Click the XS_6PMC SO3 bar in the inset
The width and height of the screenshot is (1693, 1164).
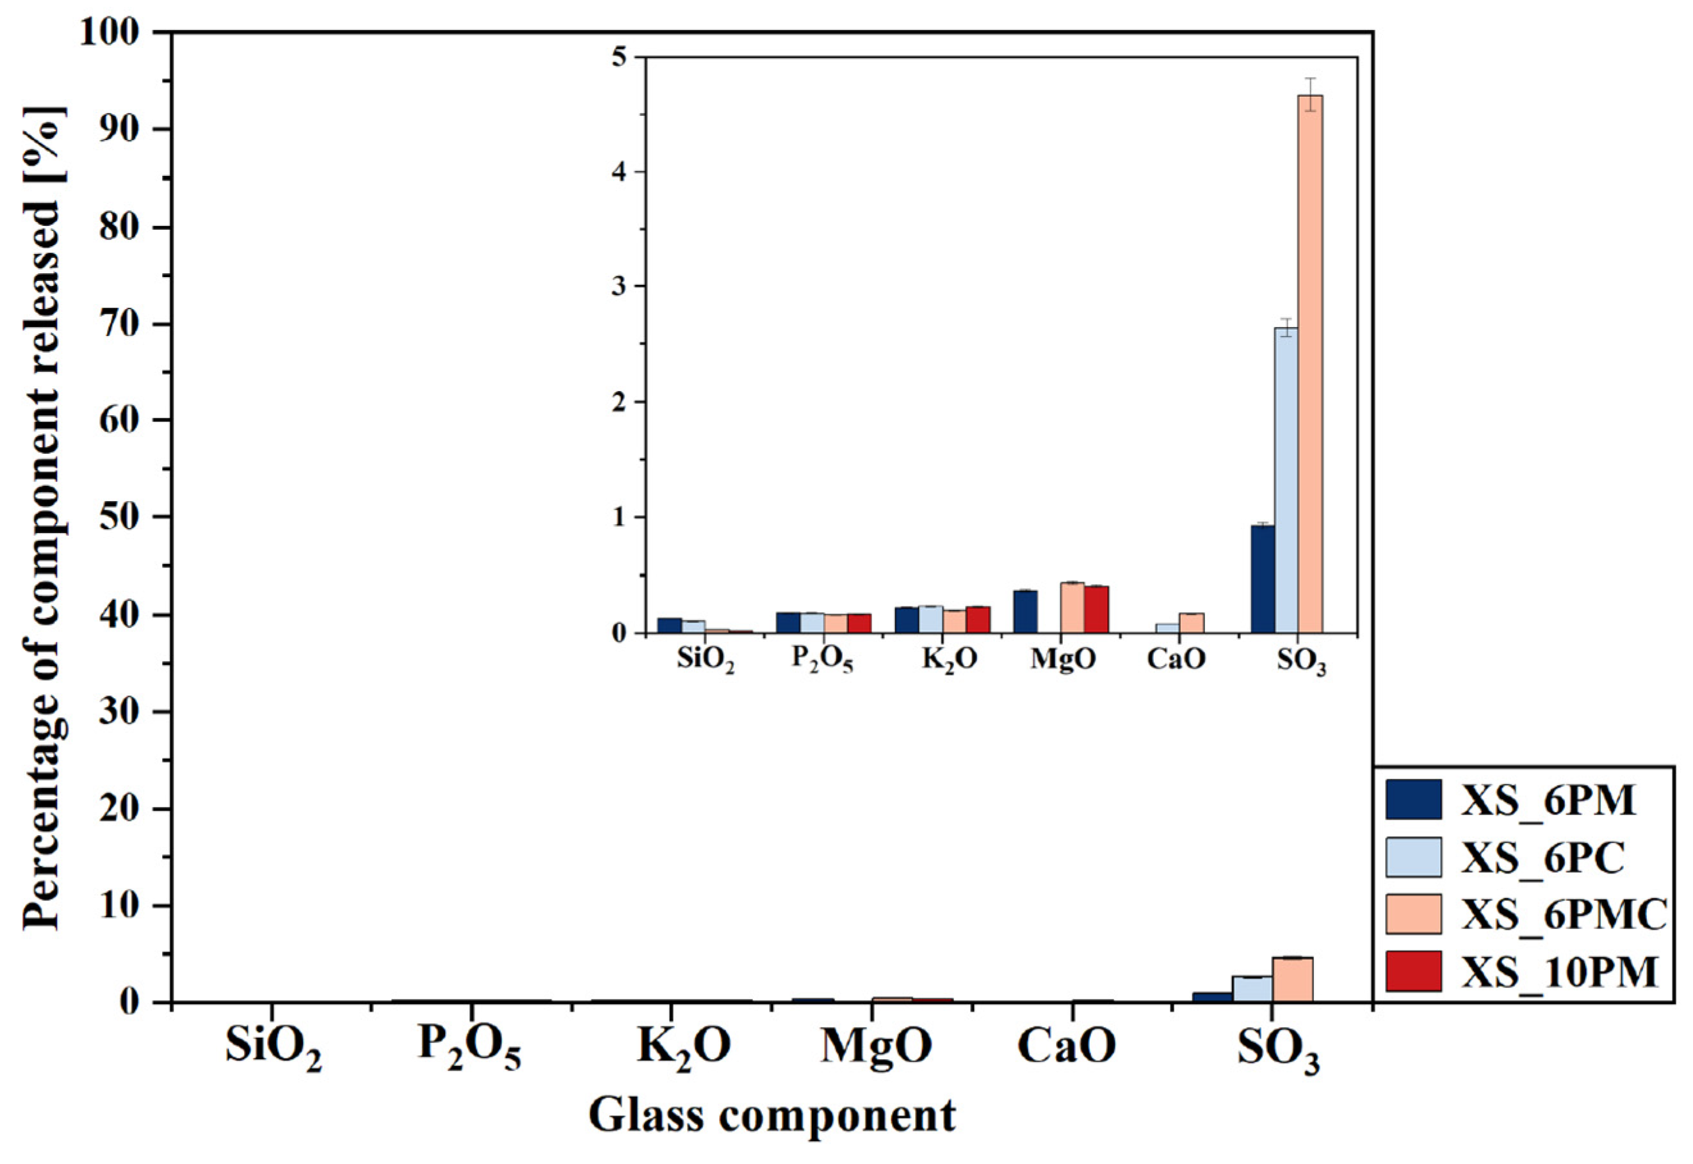coord(1310,365)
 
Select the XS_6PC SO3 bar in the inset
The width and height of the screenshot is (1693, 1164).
coord(1286,481)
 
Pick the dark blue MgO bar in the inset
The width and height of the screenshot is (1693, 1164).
coord(1025,612)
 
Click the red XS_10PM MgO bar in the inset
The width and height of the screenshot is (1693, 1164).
coord(1096,610)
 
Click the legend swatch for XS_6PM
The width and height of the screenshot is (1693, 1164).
coord(1414,800)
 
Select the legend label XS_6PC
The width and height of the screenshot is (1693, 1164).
coord(1543,857)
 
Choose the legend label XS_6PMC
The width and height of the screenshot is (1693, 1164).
coord(1563,914)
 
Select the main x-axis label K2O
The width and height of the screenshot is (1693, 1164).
coord(684,1049)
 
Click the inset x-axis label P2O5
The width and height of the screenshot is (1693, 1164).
coord(822,661)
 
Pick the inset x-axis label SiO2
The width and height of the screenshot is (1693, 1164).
coord(705,661)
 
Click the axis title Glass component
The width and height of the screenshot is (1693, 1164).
coord(772,1117)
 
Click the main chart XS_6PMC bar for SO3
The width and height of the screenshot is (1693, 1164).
coord(1292,980)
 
